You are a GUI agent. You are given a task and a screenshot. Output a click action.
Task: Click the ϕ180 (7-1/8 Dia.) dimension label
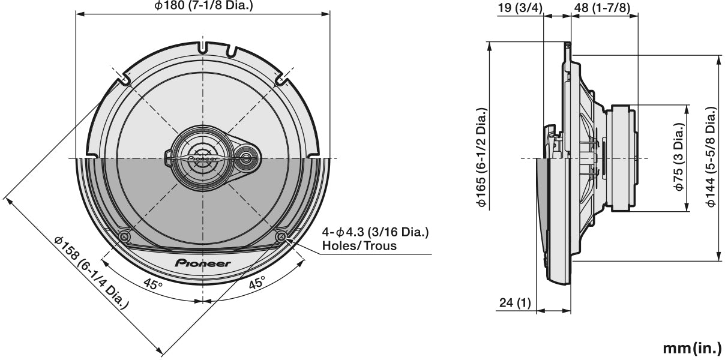point(203,6)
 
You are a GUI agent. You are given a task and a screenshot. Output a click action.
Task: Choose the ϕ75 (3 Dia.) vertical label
point(679,158)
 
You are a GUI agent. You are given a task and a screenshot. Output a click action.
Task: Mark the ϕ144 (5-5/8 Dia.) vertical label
point(711,158)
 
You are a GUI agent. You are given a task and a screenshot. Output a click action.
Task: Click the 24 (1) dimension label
point(515,303)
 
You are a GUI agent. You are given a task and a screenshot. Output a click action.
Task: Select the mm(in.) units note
point(692,348)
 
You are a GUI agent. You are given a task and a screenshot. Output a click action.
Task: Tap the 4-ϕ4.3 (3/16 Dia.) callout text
point(376,232)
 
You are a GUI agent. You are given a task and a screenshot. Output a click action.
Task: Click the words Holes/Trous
point(359,245)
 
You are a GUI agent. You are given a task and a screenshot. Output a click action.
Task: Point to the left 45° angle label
point(152,284)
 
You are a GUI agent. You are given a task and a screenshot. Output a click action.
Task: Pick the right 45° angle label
point(257,284)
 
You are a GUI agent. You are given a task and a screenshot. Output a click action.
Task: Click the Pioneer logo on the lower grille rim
point(203,263)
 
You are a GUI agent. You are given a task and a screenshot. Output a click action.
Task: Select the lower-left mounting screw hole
point(124,237)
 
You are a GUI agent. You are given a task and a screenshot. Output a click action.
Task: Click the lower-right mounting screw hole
point(281,237)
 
